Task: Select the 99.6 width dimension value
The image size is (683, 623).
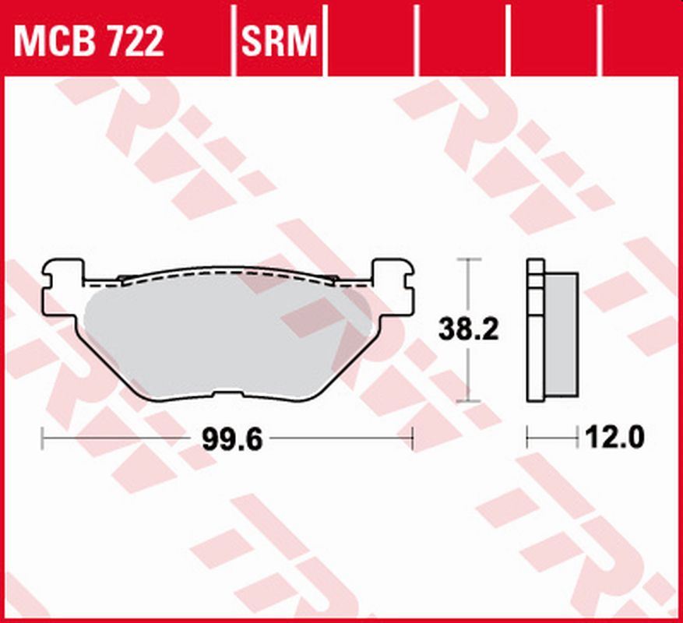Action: [226, 441]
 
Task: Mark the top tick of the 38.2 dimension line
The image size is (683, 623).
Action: [467, 259]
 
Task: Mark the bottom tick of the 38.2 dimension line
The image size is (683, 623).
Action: [467, 402]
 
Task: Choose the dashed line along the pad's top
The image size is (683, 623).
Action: [226, 275]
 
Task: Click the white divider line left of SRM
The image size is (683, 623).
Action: [234, 39]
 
